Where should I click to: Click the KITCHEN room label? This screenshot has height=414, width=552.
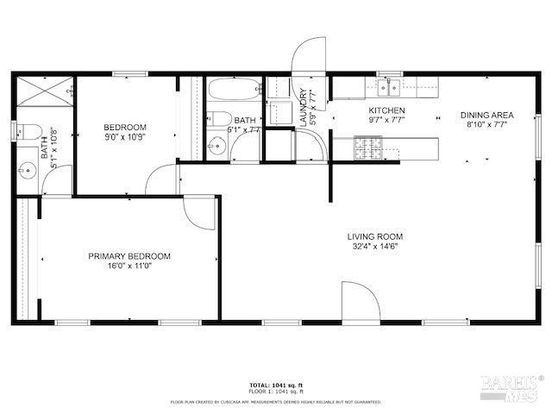(386, 111)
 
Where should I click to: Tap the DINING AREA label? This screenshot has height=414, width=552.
(486, 115)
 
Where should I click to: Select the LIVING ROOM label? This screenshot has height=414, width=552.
(375, 236)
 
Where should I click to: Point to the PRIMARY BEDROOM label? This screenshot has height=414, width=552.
(129, 256)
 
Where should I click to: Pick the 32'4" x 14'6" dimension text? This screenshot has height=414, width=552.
(375, 246)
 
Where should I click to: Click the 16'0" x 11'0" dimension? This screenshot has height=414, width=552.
(129, 267)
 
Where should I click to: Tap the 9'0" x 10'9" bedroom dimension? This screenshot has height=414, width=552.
(125, 136)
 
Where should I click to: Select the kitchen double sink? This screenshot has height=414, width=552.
(386, 86)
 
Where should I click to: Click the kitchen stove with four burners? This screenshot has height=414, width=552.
(367, 152)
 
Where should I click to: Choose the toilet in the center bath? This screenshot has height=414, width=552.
(218, 120)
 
